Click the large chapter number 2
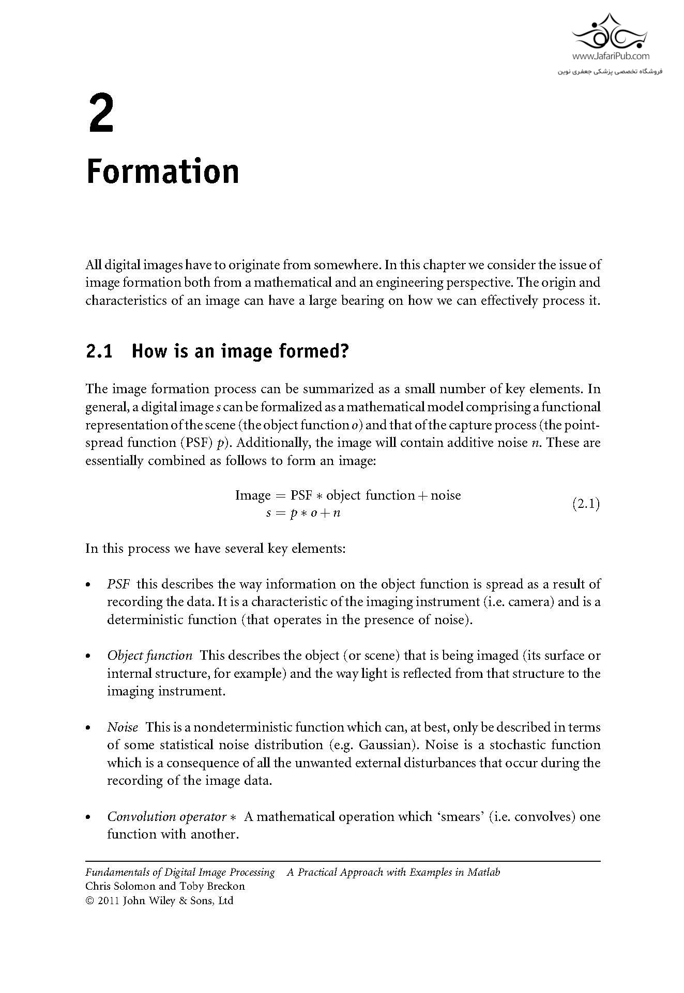[101, 113]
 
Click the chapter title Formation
[162, 172]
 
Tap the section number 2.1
[99, 351]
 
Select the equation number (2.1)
[586, 504]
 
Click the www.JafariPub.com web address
[611, 56]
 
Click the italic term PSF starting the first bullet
[118, 584]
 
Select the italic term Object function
[149, 656]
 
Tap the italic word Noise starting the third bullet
[123, 727]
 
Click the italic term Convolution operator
[166, 817]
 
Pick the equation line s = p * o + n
[303, 513]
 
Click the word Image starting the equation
[253, 495]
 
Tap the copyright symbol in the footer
[90, 901]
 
